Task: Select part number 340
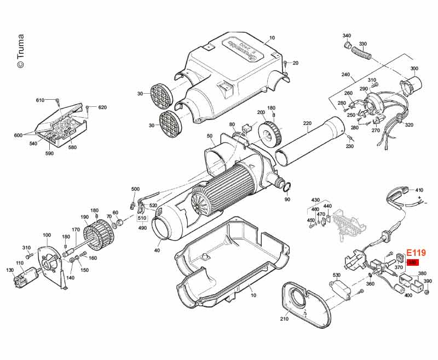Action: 347,36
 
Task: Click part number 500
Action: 135,189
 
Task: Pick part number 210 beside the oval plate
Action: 284,319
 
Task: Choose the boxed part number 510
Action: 142,217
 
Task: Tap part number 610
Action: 40,100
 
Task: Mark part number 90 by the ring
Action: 287,199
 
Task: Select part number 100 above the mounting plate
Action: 47,235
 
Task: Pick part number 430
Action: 315,200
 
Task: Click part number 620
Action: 102,107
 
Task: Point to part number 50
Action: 210,136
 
